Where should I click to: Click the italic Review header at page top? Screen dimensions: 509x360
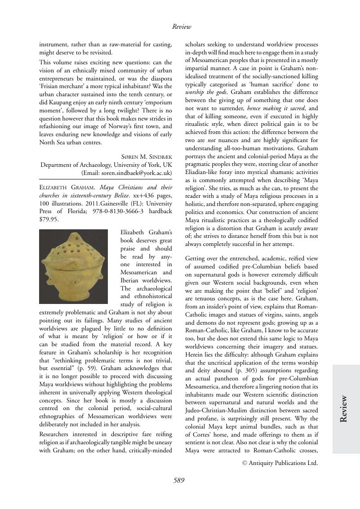pos(182,27)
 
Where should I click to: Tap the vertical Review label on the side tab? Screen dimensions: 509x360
pos(344,408)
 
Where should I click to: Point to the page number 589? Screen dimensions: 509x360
pos(179,480)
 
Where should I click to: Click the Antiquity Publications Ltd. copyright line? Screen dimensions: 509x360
pos(280,463)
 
